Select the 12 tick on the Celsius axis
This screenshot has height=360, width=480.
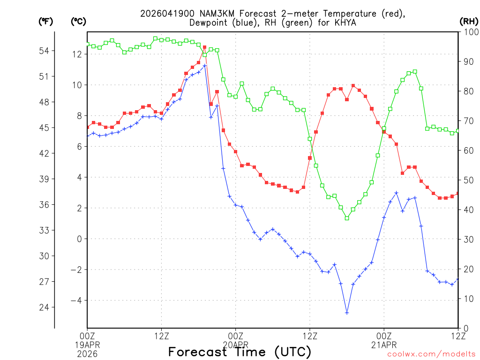77,54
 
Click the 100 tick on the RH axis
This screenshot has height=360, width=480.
468,32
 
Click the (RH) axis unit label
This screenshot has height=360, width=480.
468,21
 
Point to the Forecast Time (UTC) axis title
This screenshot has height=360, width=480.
240,352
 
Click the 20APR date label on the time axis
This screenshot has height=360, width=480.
235,344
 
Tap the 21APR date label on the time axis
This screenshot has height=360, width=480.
384,344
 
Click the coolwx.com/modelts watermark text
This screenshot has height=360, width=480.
431,354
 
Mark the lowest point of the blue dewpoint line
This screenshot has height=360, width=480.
347,313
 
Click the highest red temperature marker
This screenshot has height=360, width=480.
204,47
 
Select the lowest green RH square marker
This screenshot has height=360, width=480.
347,218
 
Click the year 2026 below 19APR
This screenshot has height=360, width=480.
87,353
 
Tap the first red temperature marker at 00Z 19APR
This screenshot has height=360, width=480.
87,127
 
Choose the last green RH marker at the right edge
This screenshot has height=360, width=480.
458,131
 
